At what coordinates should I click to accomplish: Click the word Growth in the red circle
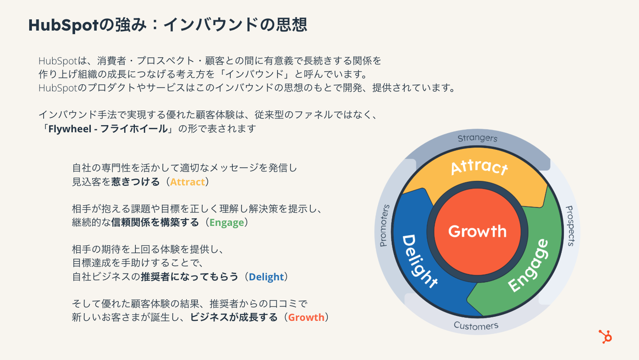click(x=477, y=231)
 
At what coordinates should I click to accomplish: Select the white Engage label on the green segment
click(x=529, y=266)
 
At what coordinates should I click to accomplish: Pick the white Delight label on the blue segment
click(x=419, y=261)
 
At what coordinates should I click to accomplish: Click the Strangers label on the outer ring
click(x=478, y=138)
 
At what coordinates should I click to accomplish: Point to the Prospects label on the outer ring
click(x=569, y=226)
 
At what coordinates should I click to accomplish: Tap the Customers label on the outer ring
click(x=476, y=325)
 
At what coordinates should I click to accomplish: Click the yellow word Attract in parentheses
click(x=188, y=182)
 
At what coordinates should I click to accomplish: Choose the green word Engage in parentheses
click(x=227, y=222)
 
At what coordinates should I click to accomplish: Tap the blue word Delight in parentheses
click(x=266, y=277)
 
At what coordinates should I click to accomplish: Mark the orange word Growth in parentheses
click(x=306, y=317)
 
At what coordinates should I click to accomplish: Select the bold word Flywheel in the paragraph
click(x=67, y=128)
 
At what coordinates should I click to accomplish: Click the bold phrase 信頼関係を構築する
click(x=155, y=222)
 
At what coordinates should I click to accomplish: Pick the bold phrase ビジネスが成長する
click(x=234, y=317)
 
